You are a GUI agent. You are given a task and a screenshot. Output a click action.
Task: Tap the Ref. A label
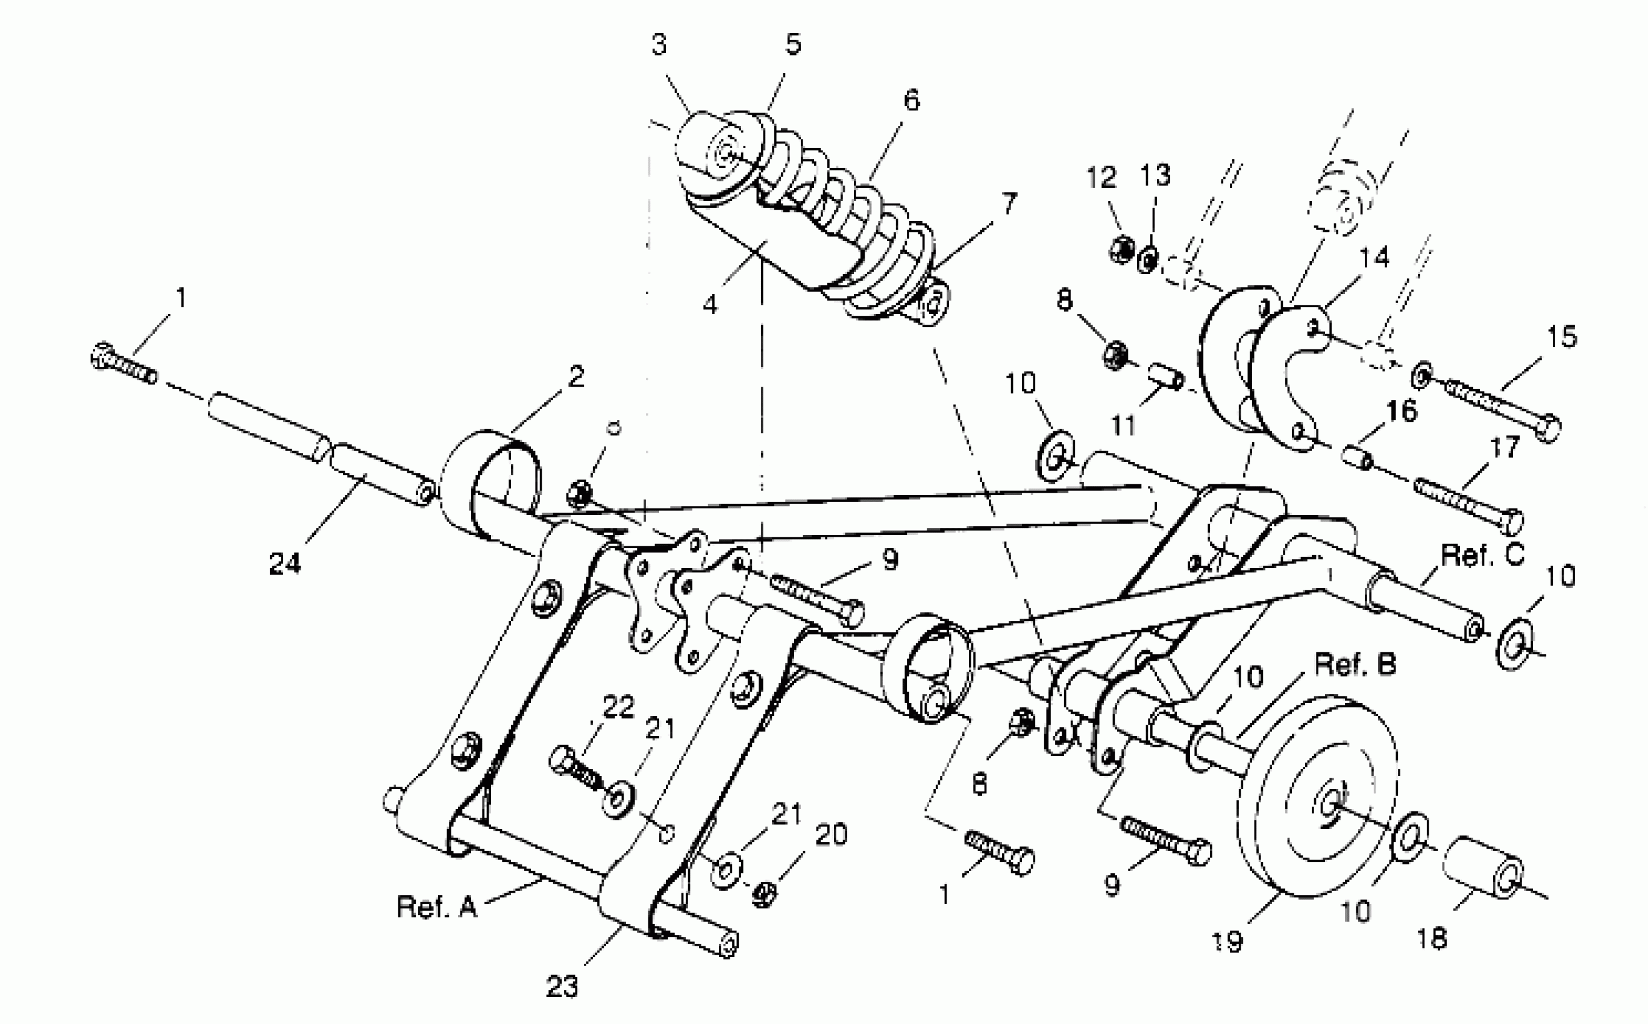(x=437, y=907)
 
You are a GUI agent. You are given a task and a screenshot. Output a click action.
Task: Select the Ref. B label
(x=1355, y=664)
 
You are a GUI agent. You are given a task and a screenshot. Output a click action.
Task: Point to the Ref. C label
(x=1483, y=555)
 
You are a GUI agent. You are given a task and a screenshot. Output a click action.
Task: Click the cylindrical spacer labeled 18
(x=1484, y=867)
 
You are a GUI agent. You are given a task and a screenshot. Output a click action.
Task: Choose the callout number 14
(x=1374, y=258)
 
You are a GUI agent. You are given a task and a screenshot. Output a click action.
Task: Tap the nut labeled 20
(x=764, y=895)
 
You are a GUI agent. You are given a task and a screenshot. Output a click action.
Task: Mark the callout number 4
(x=709, y=305)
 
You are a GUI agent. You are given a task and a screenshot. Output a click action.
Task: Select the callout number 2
(x=576, y=376)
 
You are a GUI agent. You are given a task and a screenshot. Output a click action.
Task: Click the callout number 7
(x=1009, y=202)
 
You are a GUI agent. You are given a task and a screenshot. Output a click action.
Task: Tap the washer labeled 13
(x=1147, y=261)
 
